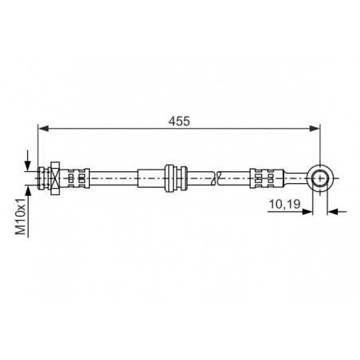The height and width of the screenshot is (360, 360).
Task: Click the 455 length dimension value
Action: coord(179,121)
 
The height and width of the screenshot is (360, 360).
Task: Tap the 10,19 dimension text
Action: coord(284,204)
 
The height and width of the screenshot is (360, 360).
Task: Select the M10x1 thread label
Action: coord(22,217)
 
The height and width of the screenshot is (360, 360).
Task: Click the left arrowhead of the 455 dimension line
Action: coord(44,128)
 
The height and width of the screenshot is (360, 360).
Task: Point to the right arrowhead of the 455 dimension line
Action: coord(315,128)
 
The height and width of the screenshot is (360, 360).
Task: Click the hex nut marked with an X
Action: coord(55,178)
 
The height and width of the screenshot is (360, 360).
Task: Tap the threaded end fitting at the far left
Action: coord(41,178)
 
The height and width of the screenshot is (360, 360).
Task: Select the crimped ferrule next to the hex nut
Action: coord(77,178)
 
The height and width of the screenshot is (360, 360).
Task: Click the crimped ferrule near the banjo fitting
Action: coord(265,178)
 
